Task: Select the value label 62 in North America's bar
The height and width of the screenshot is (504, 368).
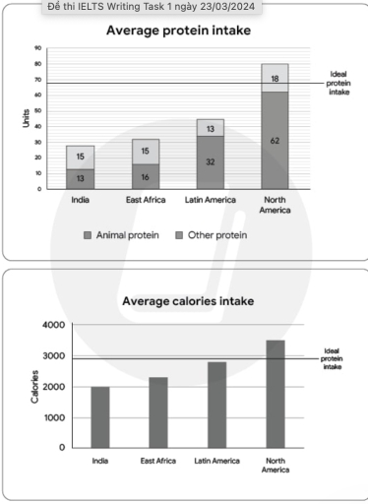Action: pyautogui.click(x=275, y=141)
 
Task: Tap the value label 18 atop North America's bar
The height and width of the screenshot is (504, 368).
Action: pyautogui.click(x=275, y=78)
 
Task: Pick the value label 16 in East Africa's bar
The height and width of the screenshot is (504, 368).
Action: pyautogui.click(x=145, y=176)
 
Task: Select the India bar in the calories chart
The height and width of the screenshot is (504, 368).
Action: pyautogui.click(x=100, y=416)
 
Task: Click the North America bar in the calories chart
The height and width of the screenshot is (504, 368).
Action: pyautogui.click(x=275, y=394)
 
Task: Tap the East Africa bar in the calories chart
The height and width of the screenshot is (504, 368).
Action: pyautogui.click(x=157, y=411)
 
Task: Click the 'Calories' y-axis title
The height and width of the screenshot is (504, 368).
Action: pyautogui.click(x=35, y=387)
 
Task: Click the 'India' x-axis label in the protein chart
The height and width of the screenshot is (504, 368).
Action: pyautogui.click(x=81, y=201)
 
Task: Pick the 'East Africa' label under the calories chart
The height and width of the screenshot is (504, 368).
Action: pyautogui.click(x=157, y=461)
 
